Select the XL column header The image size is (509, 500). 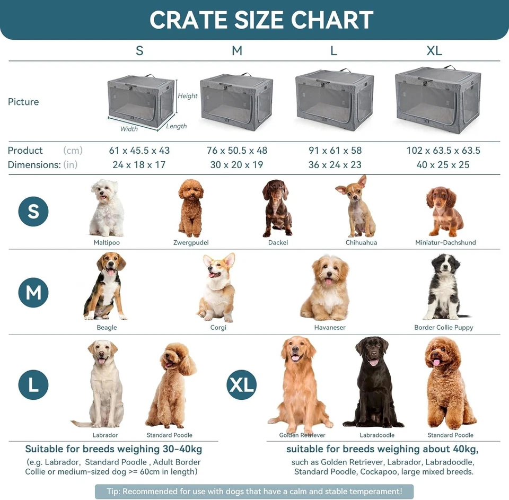tap(434, 51)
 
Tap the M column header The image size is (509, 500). tap(237, 51)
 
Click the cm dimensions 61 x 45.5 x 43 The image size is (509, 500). tap(139, 151)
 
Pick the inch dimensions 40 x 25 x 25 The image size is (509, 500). tap(443, 165)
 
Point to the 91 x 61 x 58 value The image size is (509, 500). tap(335, 151)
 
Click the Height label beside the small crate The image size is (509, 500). tap(188, 96)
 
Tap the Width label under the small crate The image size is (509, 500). tap(129, 129)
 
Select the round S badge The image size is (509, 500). tap(33, 212)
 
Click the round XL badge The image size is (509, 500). tap(242, 384)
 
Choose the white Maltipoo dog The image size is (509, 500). tap(107, 208)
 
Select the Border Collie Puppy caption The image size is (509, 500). tap(444, 328)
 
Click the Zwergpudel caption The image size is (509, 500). tap(191, 243)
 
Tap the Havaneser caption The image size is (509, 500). tap(330, 328)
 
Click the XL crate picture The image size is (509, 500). tap(438, 99)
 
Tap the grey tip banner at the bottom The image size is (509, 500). tap(254, 492)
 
